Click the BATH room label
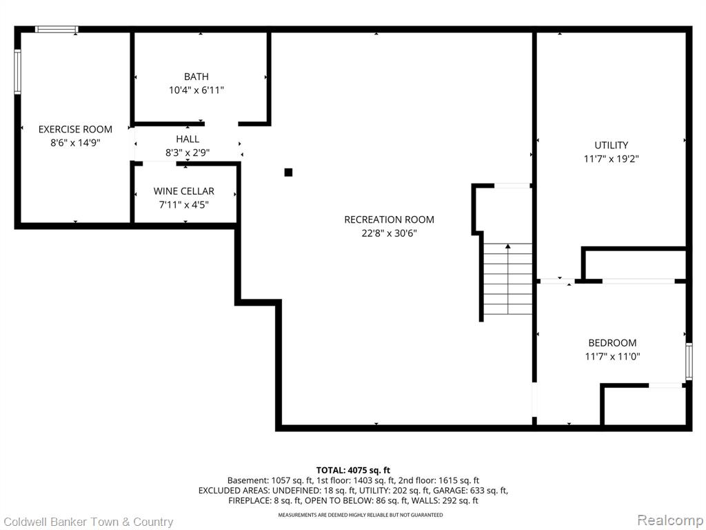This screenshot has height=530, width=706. click(x=196, y=77)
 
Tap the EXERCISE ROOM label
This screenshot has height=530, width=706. click(x=75, y=129)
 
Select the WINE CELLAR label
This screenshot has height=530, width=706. click(x=183, y=191)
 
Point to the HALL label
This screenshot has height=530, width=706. click(x=188, y=139)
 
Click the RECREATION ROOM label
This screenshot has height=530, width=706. click(x=389, y=219)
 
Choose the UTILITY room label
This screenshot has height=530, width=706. click(x=611, y=145)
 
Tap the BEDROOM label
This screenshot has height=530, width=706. click(x=612, y=343)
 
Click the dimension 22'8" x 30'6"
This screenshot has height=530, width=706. click(x=389, y=233)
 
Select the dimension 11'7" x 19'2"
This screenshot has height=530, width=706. click(x=612, y=159)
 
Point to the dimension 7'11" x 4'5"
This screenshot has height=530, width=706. click(x=183, y=205)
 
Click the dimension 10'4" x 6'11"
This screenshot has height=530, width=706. click(x=196, y=90)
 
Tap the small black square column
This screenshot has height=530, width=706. click(x=289, y=172)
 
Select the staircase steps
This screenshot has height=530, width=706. click(x=508, y=279)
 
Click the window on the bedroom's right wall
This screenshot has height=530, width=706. click(x=689, y=361)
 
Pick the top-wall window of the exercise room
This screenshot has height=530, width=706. click(x=57, y=29)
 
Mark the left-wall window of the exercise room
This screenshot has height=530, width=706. click(x=17, y=72)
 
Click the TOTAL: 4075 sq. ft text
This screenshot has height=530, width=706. click(x=353, y=471)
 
